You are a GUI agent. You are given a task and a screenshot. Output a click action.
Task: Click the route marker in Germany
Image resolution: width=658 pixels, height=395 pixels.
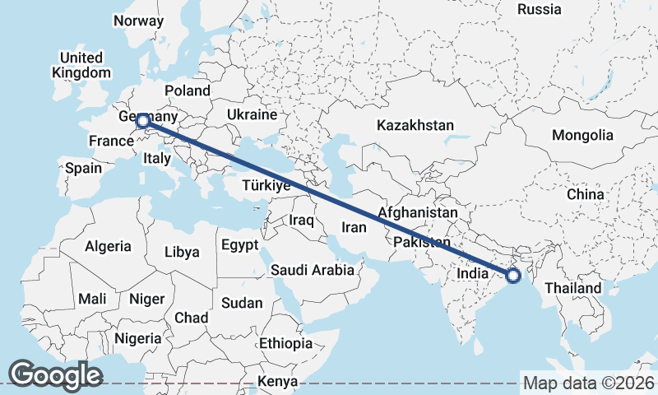click(x=143, y=122)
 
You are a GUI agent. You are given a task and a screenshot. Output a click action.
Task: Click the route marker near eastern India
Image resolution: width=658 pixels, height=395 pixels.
click(x=513, y=276)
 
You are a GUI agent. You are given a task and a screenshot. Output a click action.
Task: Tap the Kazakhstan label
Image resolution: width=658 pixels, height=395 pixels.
click(x=415, y=125)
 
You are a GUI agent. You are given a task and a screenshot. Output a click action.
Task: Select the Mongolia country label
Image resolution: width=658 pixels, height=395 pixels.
click(x=582, y=135)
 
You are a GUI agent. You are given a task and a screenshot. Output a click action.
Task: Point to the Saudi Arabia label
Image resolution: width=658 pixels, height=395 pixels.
click(x=313, y=270)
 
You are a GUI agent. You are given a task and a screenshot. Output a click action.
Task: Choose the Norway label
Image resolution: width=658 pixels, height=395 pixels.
click(x=139, y=21)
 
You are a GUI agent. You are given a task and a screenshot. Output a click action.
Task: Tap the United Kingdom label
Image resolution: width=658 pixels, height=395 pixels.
click(x=81, y=65)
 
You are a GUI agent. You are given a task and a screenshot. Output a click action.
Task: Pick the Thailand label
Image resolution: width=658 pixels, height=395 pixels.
click(x=572, y=289)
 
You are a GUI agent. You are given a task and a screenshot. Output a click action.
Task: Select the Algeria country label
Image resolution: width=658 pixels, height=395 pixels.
click(x=108, y=246)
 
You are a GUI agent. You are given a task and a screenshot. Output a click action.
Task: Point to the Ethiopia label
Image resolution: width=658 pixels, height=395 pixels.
click(x=285, y=343)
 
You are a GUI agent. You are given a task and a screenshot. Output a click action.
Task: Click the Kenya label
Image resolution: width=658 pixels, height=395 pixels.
click(x=277, y=382)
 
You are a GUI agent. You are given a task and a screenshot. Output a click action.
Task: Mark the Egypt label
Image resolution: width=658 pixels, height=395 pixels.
click(x=239, y=244)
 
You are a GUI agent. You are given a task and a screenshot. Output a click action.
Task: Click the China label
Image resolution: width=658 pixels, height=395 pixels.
click(x=585, y=194)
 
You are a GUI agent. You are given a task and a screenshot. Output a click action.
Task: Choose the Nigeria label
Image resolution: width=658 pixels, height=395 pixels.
click(x=137, y=338)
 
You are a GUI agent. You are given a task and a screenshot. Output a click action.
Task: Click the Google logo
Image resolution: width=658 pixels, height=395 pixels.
click(x=55, y=375)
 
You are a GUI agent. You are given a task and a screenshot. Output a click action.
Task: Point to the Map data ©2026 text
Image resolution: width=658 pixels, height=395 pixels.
click(x=588, y=383)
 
